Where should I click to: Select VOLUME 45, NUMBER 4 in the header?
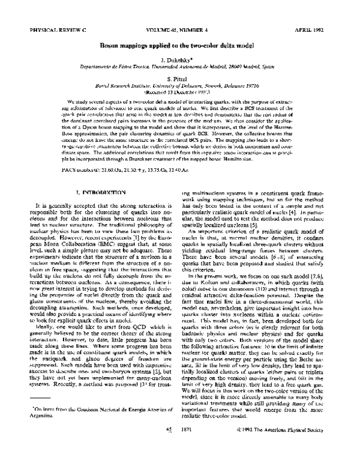pos(180,28)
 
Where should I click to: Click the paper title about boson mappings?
pos(180,46)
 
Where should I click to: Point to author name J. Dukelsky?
pos(180,61)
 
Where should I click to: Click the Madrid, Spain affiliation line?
pos(180,69)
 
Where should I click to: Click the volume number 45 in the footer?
pos(169,447)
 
